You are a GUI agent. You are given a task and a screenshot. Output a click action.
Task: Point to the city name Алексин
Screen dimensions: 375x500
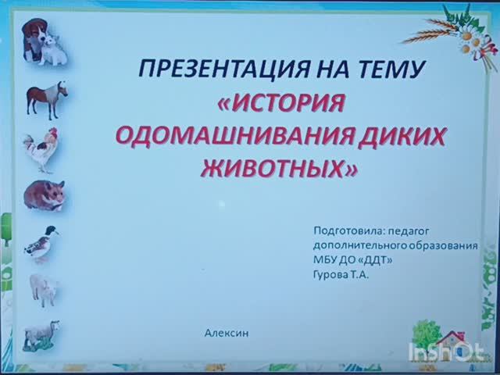pyautogui.click(x=226, y=333)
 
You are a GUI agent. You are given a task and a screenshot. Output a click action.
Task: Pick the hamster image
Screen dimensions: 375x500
pyautogui.click(x=44, y=195)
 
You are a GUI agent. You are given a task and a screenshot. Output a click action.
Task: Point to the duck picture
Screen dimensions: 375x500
pyautogui.click(x=41, y=242)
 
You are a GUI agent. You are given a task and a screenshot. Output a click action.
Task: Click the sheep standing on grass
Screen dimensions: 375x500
pyautogui.click(x=41, y=334)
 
